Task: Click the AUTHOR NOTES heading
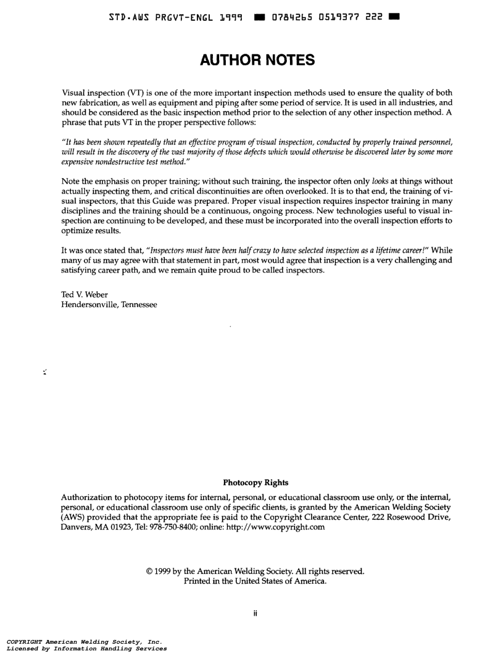[257, 60]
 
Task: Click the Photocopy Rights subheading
[255, 483]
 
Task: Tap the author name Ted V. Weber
[85, 295]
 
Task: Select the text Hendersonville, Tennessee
[109, 305]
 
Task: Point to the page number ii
[255, 614]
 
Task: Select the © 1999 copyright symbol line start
[149, 571]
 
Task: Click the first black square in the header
[259, 18]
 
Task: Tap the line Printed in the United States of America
[255, 581]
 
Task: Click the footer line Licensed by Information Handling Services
[86, 648]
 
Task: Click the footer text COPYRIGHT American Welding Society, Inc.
[84, 642]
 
